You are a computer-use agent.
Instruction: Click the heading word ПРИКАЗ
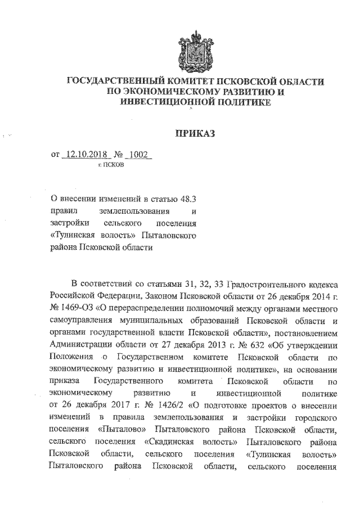pyautogui.click(x=195, y=133)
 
